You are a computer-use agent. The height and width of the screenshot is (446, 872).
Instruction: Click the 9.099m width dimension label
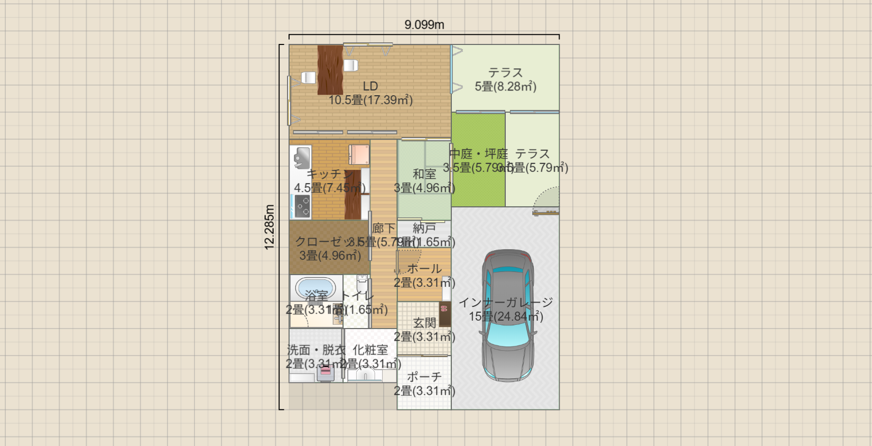(x=424, y=25)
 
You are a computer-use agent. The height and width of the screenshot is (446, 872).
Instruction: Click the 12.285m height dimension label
(x=270, y=227)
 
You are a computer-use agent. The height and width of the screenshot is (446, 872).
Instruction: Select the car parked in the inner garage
(x=507, y=316)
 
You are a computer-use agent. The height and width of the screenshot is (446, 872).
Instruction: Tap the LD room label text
(x=370, y=86)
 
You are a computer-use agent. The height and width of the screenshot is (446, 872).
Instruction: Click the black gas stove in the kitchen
(x=302, y=206)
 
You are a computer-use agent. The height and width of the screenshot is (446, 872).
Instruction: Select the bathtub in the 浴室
(x=316, y=288)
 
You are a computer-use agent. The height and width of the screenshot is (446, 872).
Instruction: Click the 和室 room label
(x=424, y=174)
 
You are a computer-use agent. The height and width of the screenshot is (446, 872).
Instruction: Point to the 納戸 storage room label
(x=424, y=228)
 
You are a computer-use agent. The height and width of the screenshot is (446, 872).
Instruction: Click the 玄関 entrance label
(x=424, y=323)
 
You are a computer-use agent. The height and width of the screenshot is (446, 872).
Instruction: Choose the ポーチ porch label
(x=424, y=377)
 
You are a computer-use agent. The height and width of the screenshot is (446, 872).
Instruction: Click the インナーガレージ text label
(x=506, y=302)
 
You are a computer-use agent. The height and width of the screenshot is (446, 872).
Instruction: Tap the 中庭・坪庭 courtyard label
(x=478, y=154)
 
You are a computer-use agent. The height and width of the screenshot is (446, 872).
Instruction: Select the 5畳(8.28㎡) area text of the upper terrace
(x=505, y=87)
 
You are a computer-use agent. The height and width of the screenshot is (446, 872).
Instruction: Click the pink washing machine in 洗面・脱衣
(x=326, y=371)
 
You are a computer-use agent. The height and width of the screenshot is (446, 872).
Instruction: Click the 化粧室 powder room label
(x=370, y=350)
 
